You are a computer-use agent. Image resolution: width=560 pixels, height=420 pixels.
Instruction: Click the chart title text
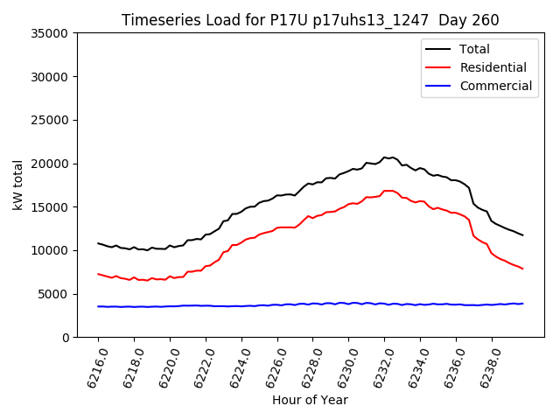click(310, 20)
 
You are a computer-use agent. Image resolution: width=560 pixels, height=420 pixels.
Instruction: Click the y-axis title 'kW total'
click(17, 185)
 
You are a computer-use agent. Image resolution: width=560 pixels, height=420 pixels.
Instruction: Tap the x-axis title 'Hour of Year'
click(310, 400)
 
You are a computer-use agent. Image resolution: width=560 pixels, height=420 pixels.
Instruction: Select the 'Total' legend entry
click(474, 49)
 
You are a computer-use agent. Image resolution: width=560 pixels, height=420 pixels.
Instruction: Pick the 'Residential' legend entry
click(493, 67)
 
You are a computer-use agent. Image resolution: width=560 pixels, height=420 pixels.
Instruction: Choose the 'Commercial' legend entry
click(495, 86)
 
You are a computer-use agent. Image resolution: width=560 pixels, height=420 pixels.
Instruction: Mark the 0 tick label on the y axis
click(66, 338)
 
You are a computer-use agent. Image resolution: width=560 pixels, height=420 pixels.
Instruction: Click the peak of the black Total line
click(384, 157)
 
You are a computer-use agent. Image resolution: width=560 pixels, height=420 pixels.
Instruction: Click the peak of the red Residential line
click(388, 191)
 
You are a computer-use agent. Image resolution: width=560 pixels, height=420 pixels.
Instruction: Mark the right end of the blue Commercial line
click(522, 304)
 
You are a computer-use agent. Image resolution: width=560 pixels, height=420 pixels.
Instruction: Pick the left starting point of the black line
click(98, 243)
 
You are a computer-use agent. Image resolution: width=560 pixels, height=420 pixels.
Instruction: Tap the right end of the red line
click(522, 269)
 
